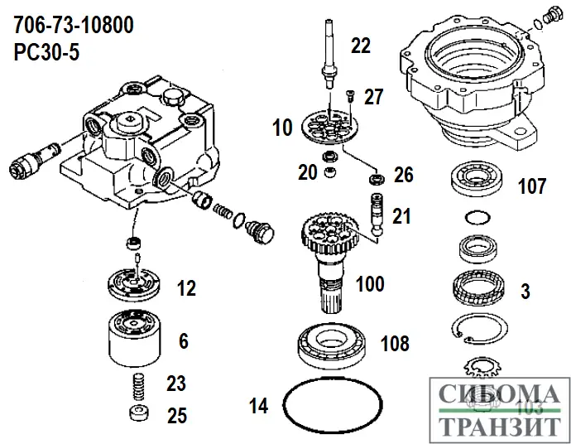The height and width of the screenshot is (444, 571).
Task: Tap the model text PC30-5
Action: coord(48,51)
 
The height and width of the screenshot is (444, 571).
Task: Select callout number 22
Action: coord(361,46)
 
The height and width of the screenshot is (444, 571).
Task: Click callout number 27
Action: coord(374,97)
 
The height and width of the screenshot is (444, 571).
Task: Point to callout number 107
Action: coord(531,185)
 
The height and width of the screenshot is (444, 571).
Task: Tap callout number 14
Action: coord(259,406)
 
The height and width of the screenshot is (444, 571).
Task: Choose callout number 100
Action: coord(370,285)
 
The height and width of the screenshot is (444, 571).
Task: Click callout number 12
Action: coord(187,288)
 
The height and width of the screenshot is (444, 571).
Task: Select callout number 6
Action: coord(183,340)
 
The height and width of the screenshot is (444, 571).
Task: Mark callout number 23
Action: coord(176,384)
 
